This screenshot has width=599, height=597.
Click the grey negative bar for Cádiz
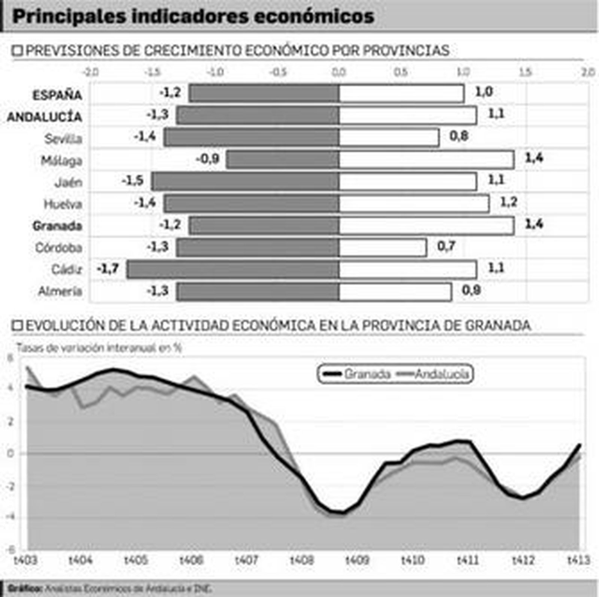(x=233, y=269)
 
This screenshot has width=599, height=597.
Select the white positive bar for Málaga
(x=426, y=160)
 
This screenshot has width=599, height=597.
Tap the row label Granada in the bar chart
(x=57, y=226)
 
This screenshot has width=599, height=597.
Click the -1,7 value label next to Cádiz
(x=108, y=268)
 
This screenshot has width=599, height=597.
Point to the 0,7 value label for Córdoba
(x=446, y=246)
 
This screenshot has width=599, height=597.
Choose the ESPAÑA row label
(x=57, y=95)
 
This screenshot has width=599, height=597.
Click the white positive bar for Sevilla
(x=389, y=138)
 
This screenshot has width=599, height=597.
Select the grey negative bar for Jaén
(x=246, y=182)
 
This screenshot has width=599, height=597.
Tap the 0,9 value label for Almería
(x=471, y=290)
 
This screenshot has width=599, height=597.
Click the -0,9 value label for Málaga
(x=207, y=159)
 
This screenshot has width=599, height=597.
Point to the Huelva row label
(x=63, y=204)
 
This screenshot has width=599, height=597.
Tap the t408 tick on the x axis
(x=302, y=560)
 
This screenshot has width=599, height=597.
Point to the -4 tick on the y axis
(x=10, y=517)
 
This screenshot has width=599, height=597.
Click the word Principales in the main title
(x=69, y=17)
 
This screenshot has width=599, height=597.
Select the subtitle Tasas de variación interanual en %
(x=99, y=348)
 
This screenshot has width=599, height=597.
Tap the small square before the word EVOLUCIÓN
(x=18, y=325)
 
